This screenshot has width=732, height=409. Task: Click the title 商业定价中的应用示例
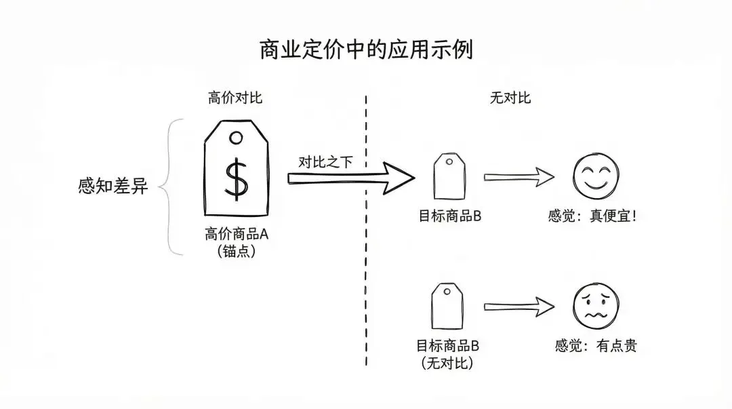(366, 50)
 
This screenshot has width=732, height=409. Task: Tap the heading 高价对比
(235, 98)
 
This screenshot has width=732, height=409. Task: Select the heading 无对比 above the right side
(510, 98)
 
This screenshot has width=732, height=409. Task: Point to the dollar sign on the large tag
(236, 178)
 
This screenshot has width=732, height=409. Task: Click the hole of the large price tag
(236, 138)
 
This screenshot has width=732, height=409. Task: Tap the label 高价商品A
(237, 235)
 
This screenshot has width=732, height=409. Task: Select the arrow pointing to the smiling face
(519, 178)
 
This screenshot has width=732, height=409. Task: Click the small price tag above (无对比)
(447, 307)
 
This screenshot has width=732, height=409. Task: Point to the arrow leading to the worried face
(519, 307)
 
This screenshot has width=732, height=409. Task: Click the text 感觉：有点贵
(595, 346)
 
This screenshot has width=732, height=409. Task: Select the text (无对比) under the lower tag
(447, 363)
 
